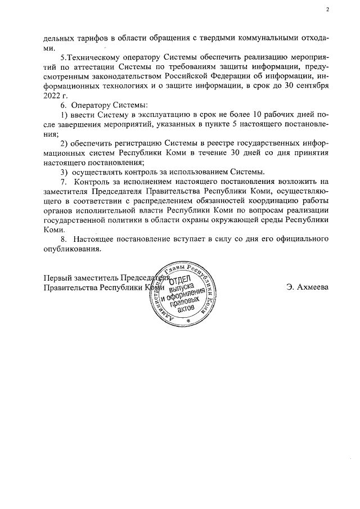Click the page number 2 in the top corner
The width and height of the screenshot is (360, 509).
point(327,10)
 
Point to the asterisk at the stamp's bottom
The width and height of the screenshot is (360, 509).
point(189,321)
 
